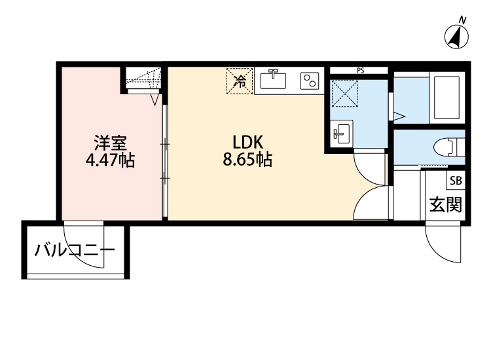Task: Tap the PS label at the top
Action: coord(360,70)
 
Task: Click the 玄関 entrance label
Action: coord(446,204)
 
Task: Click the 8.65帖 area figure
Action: coord(247,160)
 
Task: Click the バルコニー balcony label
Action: coord(75,250)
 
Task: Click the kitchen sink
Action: coord(274,81)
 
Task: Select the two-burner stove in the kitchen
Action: coord(309,81)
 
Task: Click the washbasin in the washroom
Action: coord(342,134)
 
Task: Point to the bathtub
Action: coord(448,98)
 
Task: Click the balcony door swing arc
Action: coord(83,247)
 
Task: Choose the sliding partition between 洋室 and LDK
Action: coord(165,160)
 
